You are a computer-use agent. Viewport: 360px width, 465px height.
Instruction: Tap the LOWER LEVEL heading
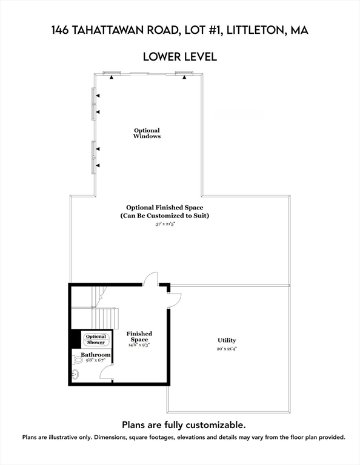click(x=179, y=57)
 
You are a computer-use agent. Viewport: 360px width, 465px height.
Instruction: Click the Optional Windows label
click(x=147, y=133)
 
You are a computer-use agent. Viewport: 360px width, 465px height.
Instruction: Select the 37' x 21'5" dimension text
click(x=168, y=224)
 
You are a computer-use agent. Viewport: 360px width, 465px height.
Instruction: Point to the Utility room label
click(x=227, y=340)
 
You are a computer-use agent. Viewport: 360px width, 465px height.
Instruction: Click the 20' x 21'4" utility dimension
click(x=227, y=349)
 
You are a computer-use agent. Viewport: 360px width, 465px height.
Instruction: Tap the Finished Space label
click(x=139, y=337)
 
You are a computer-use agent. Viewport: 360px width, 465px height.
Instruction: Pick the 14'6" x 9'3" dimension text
click(x=139, y=345)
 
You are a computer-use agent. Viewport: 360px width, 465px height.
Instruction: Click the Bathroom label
click(x=96, y=354)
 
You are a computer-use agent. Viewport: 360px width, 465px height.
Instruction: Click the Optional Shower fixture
click(x=96, y=339)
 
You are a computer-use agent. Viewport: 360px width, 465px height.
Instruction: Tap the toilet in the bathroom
click(x=78, y=360)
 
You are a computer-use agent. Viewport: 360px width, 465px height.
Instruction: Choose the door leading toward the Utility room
click(x=174, y=298)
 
